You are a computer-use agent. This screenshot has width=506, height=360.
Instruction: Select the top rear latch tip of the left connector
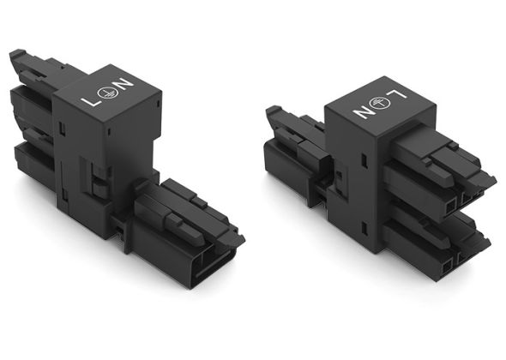pyautogui.click(x=18, y=58)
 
